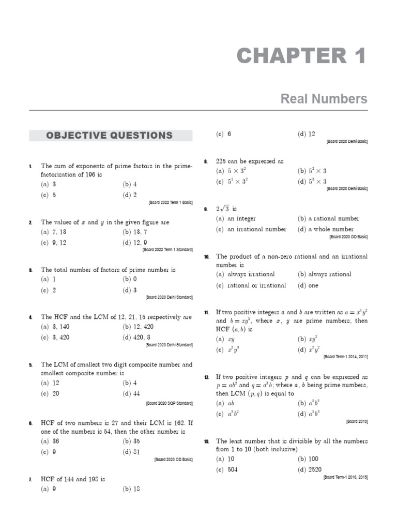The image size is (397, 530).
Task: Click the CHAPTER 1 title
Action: tap(301, 56)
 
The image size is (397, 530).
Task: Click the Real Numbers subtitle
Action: tap(324, 98)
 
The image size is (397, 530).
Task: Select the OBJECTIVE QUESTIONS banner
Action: tap(110, 136)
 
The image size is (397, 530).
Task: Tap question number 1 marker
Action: tap(30, 166)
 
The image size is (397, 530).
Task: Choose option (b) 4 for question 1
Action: tap(130, 184)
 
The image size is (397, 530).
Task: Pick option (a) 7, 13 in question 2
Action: tap(53, 232)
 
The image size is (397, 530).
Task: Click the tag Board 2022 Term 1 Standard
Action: tap(167, 249)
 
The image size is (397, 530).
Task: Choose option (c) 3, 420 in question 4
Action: tap(55, 337)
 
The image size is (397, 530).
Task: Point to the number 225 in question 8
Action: tap(222, 161)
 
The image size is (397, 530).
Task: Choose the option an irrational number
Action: tap(251, 229)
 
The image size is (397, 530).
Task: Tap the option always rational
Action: tap(324, 274)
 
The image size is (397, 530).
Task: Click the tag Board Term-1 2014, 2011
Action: tap(345, 357)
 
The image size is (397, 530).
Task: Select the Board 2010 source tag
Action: tap(357, 422)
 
